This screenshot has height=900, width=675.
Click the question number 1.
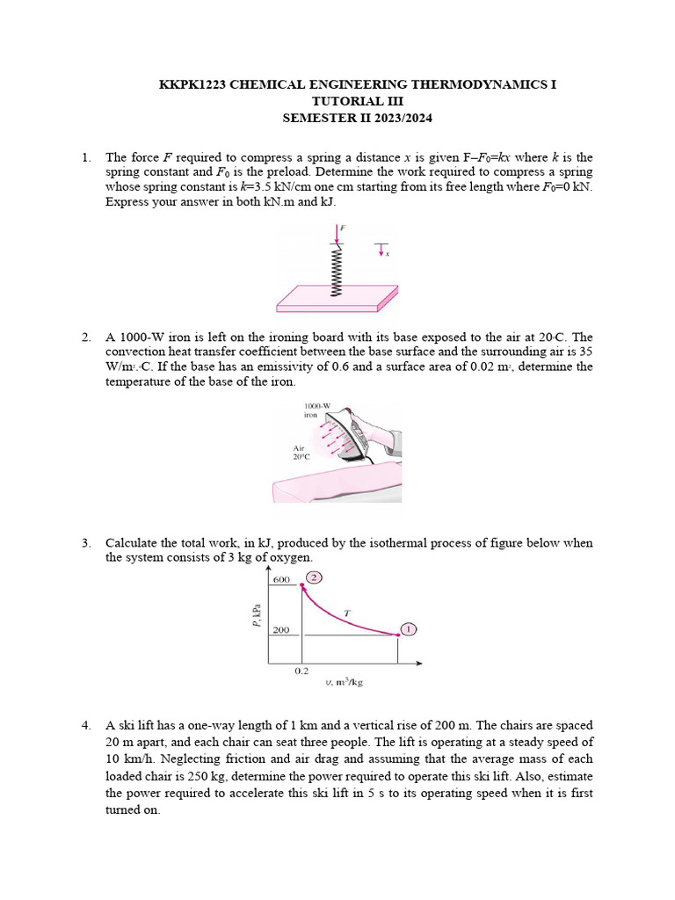pyautogui.click(x=86, y=158)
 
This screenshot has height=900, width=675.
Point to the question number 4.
pyautogui.click(x=86, y=725)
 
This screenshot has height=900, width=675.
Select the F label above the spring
pyautogui.click(x=342, y=227)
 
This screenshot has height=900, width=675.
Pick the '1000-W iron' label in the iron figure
pyautogui.click(x=316, y=410)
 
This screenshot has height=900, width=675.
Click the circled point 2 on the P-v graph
pyautogui.click(x=314, y=577)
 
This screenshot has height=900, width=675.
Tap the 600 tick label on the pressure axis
pyautogui.click(x=281, y=580)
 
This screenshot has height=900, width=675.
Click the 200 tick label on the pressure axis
pyautogui.click(x=280, y=630)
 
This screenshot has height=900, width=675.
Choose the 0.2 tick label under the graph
pyautogui.click(x=301, y=671)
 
